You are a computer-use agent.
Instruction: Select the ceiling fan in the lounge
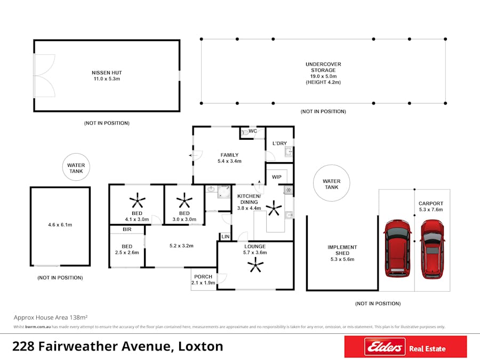pyautogui.click(x=257, y=265)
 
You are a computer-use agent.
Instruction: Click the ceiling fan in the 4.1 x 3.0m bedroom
pyautogui.click(x=137, y=201)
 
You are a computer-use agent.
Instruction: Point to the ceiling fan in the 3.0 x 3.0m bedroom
pyautogui.click(x=185, y=201)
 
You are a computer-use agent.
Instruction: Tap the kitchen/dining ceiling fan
pyautogui.click(x=275, y=207)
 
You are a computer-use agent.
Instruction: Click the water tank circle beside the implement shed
pyautogui.click(x=331, y=184)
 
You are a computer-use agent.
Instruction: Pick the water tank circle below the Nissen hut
pyautogui.click(x=76, y=169)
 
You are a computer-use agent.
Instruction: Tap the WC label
pyautogui.click(x=253, y=131)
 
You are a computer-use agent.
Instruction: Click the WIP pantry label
pyautogui.click(x=276, y=177)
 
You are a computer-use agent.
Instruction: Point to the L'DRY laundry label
pyautogui.click(x=279, y=143)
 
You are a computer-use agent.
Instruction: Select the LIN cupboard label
pyautogui.click(x=225, y=236)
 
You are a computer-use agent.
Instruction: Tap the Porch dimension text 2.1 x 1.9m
pyautogui.click(x=203, y=283)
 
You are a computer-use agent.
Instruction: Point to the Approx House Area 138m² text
pyautogui.click(x=51, y=317)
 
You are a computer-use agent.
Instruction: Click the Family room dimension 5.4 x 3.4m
pyautogui.click(x=229, y=161)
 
